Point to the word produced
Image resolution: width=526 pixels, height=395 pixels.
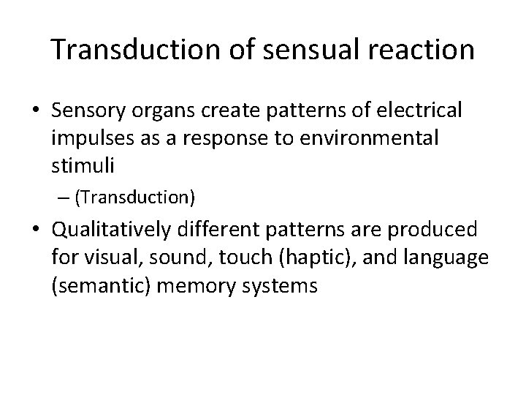click(x=435, y=230)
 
